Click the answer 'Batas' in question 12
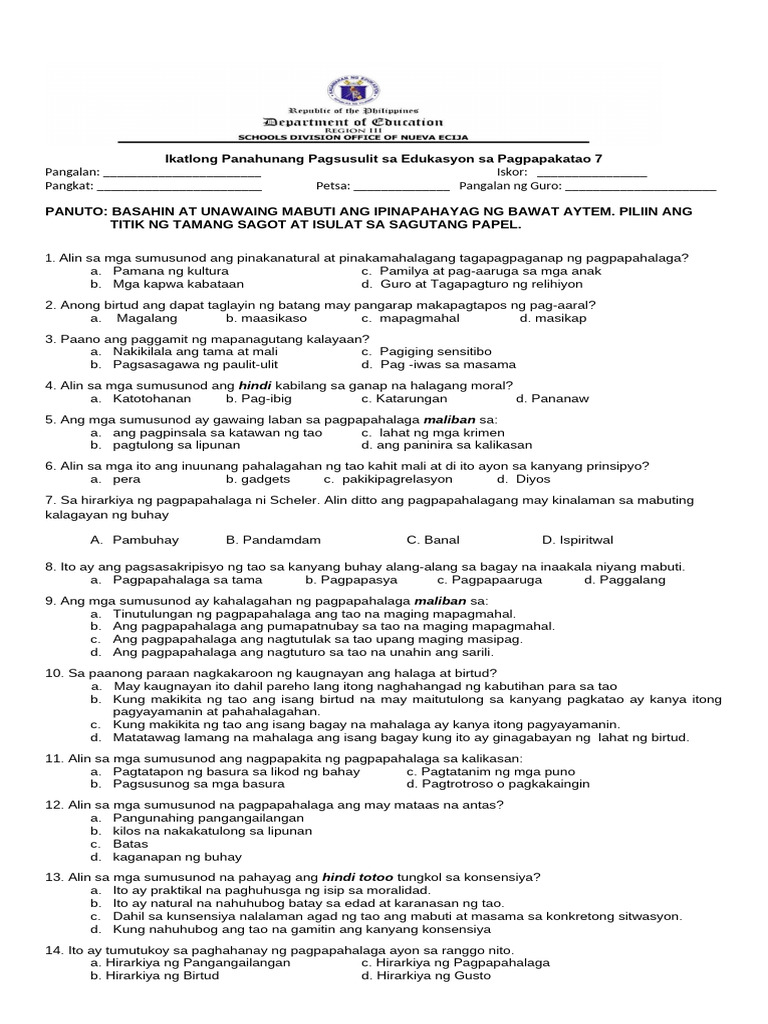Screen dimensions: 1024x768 pos(131,844)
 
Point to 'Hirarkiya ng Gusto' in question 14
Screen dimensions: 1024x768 pos(433,975)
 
